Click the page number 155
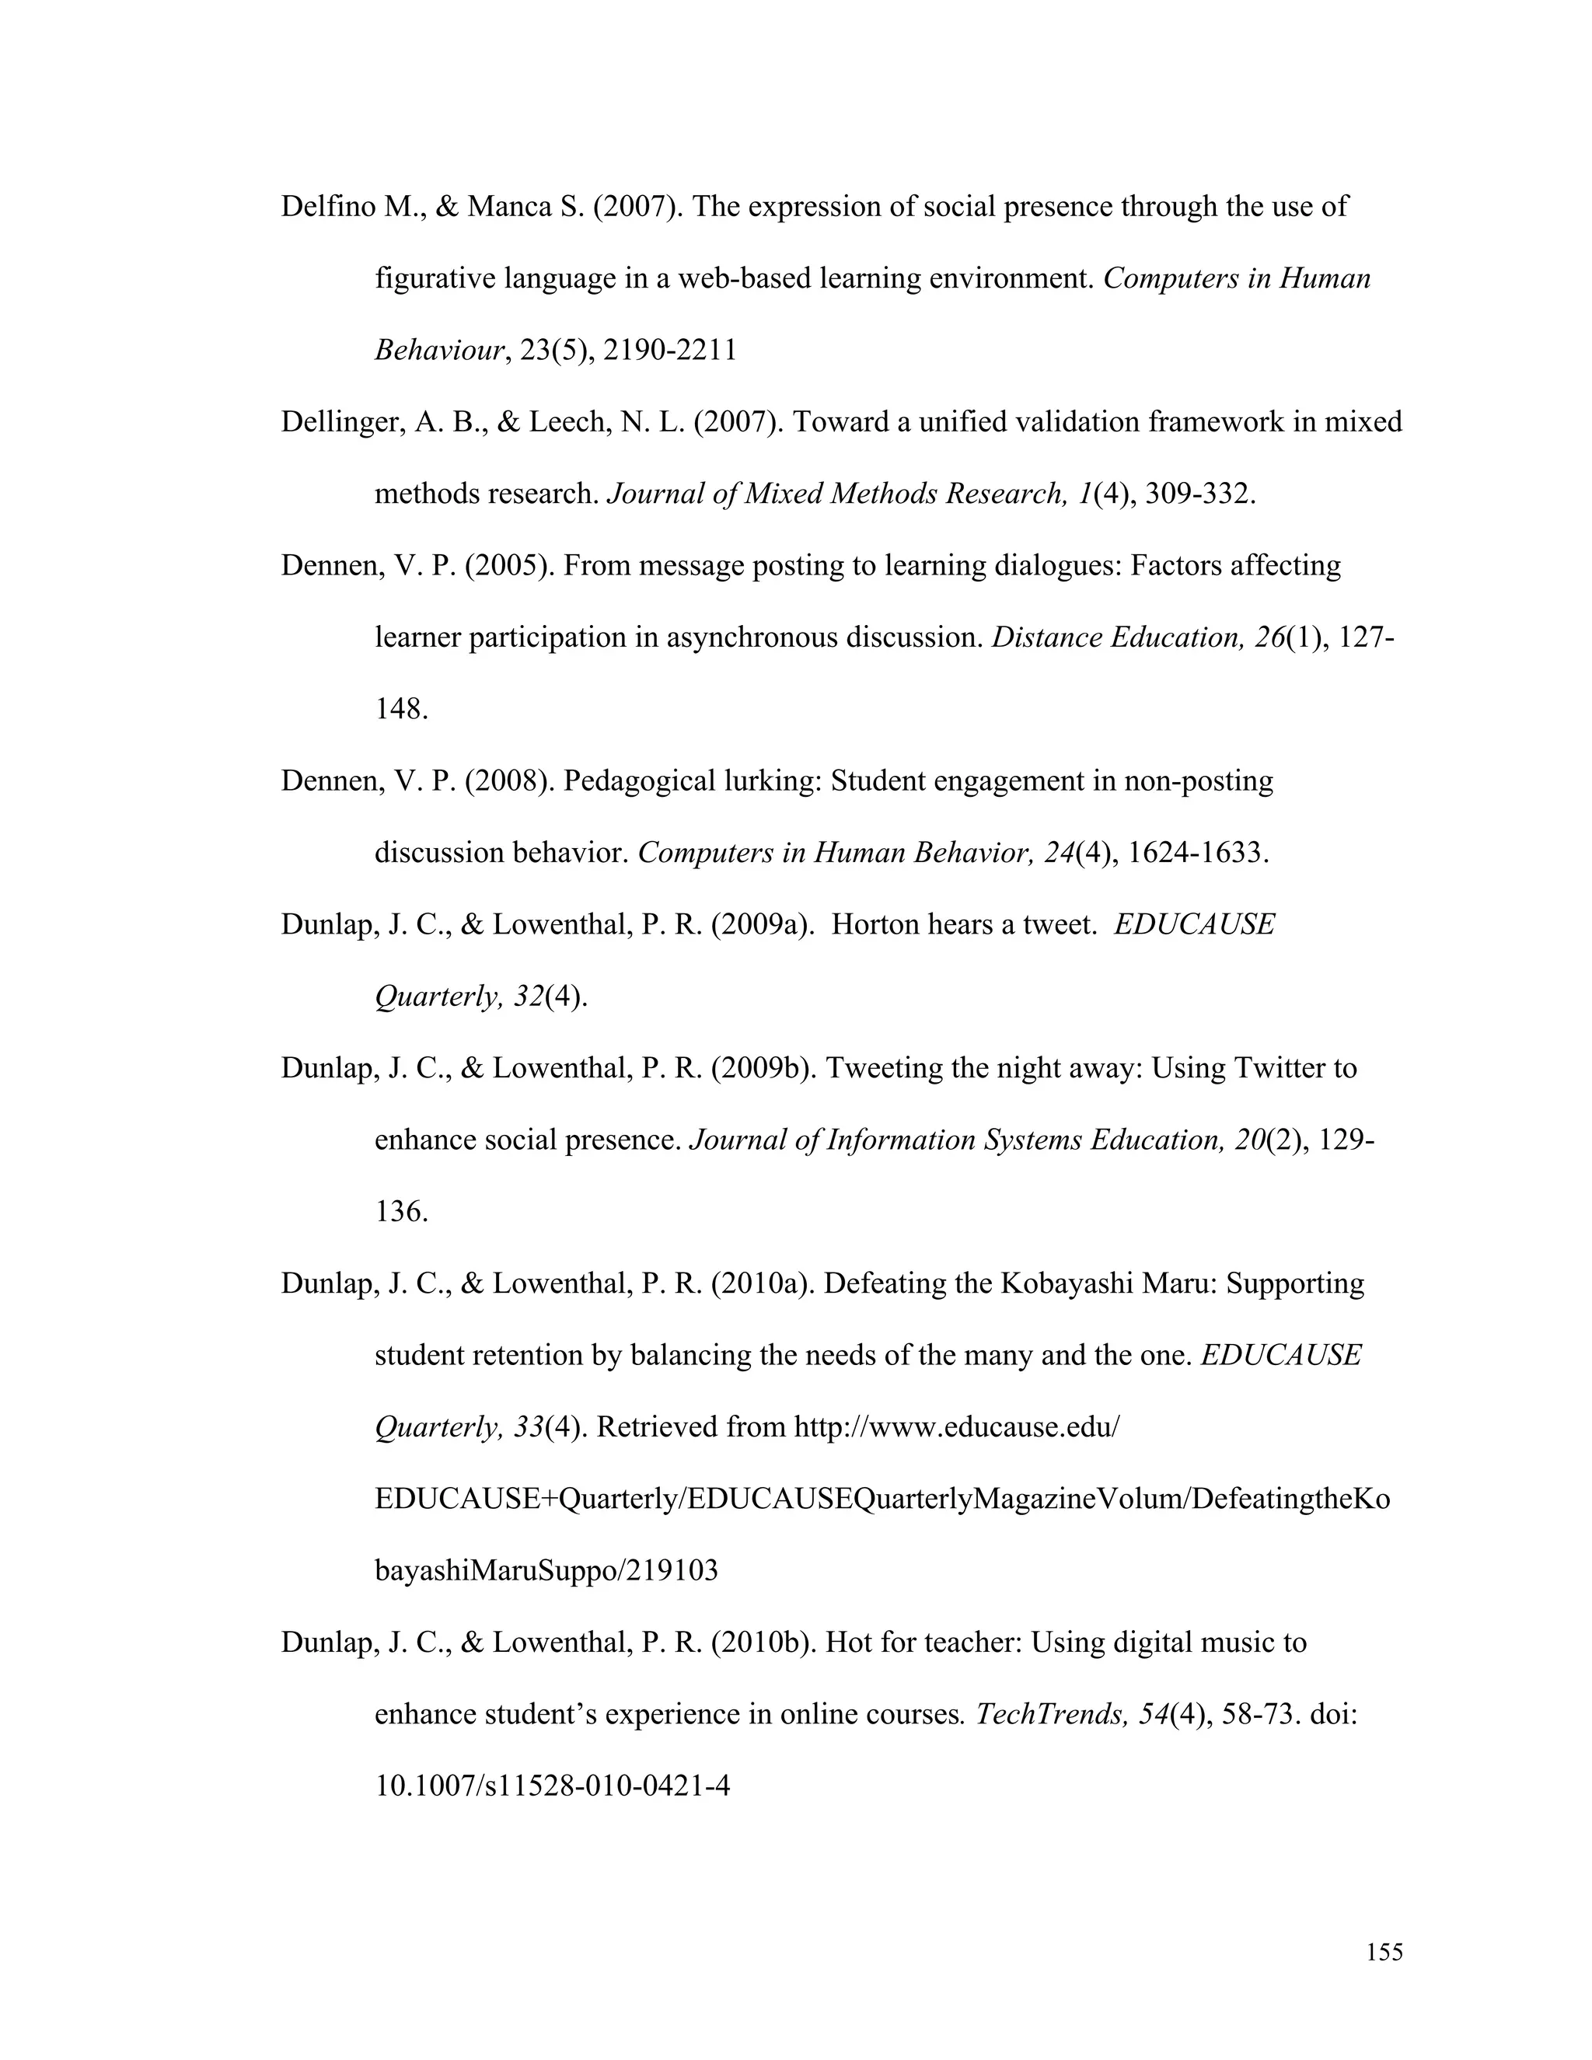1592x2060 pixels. [1384, 1951]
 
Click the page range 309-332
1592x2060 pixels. [1199, 494]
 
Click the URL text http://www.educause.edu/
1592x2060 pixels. [956, 1427]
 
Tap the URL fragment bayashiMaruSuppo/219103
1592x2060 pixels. [546, 1570]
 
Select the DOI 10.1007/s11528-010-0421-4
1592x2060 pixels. [553, 1786]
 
